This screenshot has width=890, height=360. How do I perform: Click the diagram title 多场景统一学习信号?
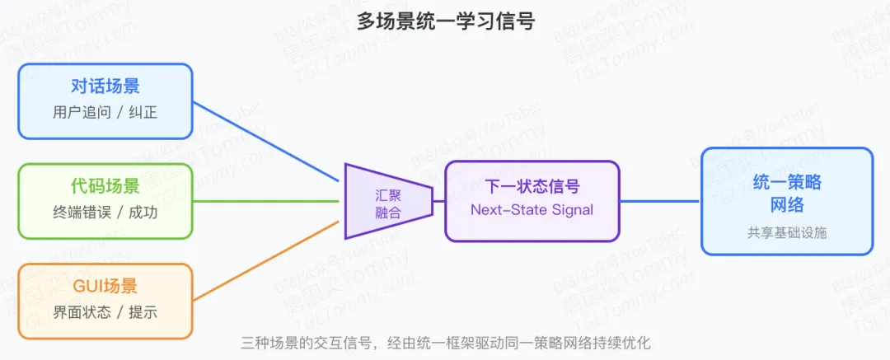coord(445,21)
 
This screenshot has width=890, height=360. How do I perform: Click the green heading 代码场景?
coord(105,186)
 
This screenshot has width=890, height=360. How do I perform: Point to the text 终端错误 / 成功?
coord(105,213)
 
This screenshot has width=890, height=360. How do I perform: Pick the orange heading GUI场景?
coord(105,286)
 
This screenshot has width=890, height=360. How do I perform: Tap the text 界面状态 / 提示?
coord(105,312)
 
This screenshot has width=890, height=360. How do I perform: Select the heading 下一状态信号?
coord(532,186)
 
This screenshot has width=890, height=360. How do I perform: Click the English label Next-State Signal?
coord(532,209)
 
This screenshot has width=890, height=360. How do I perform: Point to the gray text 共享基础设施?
coord(787,233)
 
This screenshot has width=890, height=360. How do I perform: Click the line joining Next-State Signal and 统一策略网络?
coord(659,201)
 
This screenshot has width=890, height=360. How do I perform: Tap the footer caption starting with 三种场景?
coord(445,343)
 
